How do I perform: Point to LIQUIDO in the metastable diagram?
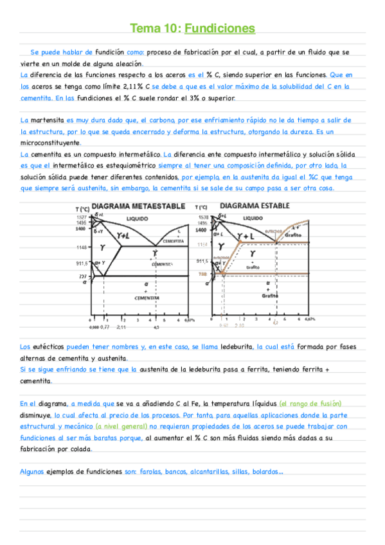(137, 219)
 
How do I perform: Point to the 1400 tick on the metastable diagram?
(80, 229)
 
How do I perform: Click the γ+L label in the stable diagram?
(246, 237)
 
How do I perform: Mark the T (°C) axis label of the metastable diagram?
(82, 210)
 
